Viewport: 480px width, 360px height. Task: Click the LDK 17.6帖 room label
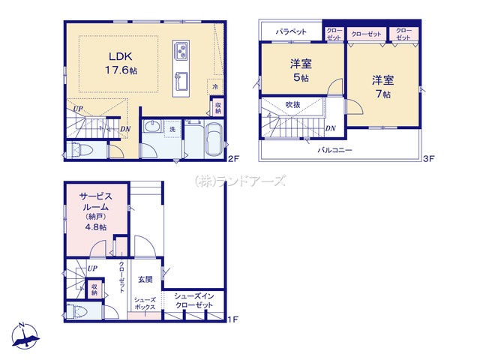click(121, 63)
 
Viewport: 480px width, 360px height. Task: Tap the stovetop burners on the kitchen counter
click(181, 51)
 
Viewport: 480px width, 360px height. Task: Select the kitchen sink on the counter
click(181, 81)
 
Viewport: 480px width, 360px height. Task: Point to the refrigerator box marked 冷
click(215, 87)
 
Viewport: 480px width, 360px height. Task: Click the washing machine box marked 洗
click(172, 129)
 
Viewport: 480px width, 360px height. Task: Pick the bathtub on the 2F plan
click(214, 140)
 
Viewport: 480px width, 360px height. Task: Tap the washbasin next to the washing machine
click(152, 126)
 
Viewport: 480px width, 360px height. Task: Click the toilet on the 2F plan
click(81, 150)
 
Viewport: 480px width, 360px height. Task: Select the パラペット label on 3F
click(291, 31)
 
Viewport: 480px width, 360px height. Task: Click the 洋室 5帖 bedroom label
click(301, 70)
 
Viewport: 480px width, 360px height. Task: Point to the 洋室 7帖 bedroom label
click(383, 87)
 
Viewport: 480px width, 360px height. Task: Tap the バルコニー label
click(334, 150)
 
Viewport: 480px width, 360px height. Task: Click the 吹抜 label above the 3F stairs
click(292, 105)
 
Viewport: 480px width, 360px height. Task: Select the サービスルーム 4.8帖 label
click(96, 211)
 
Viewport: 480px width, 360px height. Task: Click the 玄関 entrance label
click(145, 280)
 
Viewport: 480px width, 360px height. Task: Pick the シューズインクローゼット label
click(193, 301)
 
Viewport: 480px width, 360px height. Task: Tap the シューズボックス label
click(145, 304)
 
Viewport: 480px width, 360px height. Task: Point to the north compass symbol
click(25, 336)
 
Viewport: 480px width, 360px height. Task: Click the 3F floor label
click(428, 158)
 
